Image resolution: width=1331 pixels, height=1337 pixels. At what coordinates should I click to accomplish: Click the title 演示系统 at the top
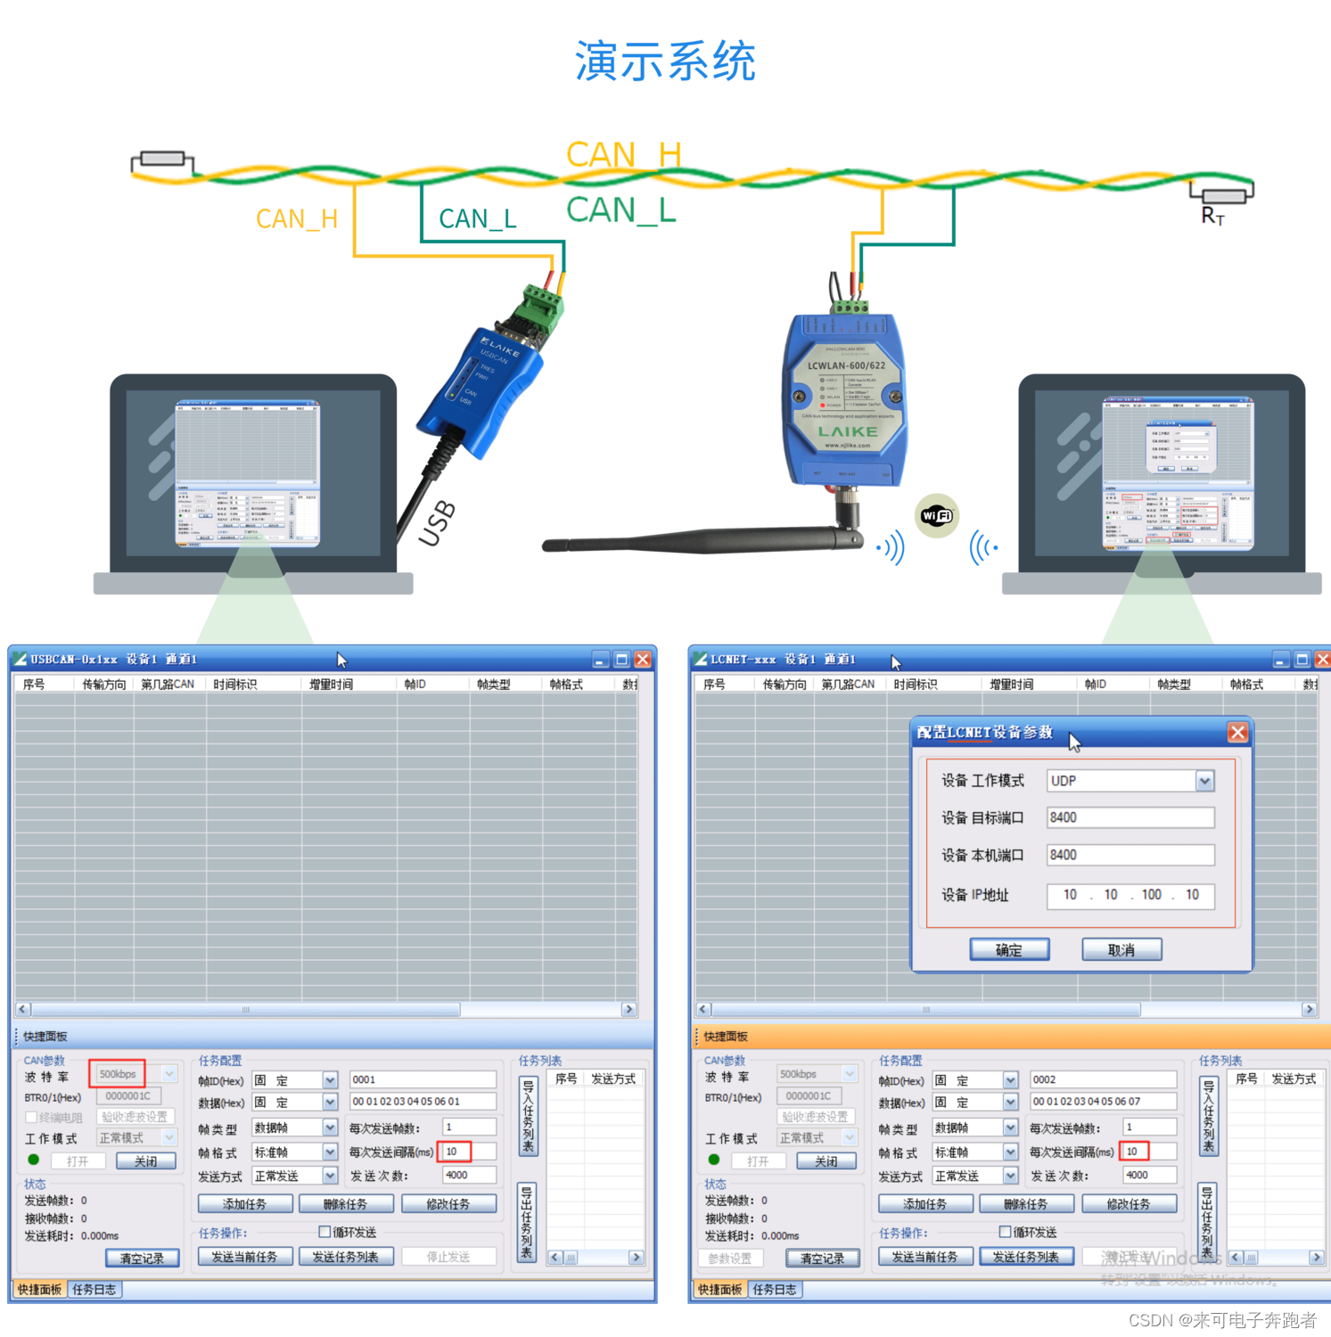665,62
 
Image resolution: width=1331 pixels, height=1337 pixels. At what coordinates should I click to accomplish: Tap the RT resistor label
1212,216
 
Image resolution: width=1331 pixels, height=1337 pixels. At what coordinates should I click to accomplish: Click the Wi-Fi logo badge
937,515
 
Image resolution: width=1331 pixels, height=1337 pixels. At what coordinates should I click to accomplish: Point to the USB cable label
438,523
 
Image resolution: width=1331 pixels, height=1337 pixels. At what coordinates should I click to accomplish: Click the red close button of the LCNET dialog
1237,732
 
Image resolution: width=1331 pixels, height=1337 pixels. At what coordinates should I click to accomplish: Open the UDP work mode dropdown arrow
1204,781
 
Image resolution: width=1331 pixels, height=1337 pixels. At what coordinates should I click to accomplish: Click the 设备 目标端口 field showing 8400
1130,817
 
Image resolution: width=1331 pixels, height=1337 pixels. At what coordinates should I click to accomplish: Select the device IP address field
1130,895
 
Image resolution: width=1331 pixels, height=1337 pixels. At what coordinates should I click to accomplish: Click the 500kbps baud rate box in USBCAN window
118,1074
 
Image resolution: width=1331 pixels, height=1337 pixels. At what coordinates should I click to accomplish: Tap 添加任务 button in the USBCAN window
244,1204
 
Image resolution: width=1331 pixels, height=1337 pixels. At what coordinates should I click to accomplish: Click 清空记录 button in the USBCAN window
142,1259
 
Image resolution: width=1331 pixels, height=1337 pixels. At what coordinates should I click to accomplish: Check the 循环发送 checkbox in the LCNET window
1005,1232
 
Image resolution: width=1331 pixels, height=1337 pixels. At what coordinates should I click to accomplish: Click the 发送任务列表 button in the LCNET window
1025,1257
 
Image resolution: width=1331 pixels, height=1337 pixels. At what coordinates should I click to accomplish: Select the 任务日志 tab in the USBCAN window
94,1290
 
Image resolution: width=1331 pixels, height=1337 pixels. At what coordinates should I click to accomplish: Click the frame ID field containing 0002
1103,1079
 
